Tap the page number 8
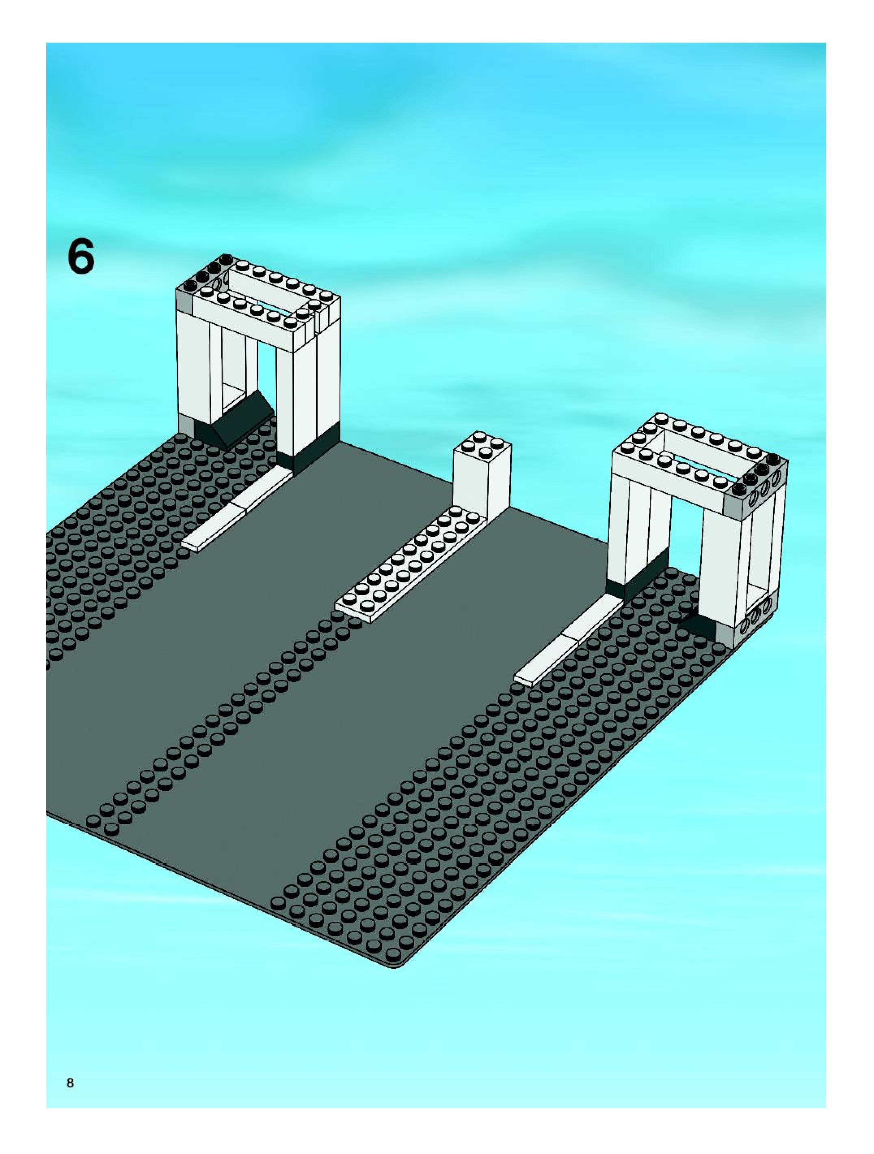[70, 1068]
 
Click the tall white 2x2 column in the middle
[481, 480]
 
